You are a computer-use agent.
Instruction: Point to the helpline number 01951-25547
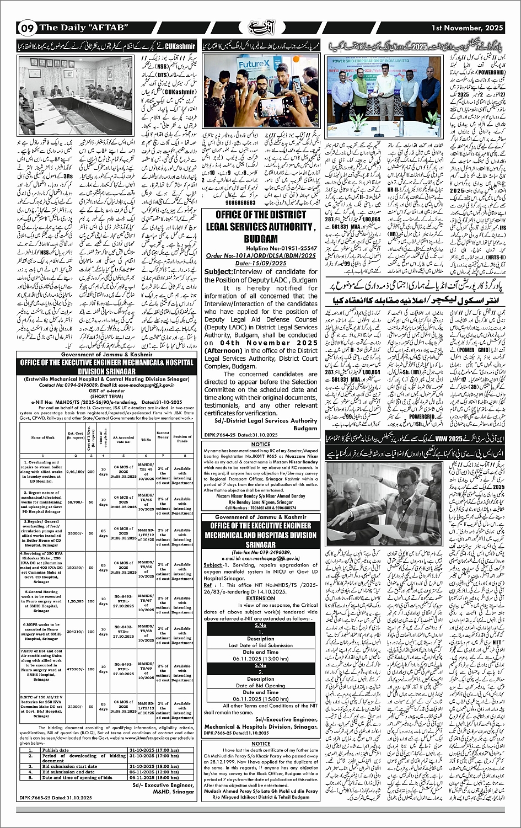278,249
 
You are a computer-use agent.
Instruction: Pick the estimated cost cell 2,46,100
76,472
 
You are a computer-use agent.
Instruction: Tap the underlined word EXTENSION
260,597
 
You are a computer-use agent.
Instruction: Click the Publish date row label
56,750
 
